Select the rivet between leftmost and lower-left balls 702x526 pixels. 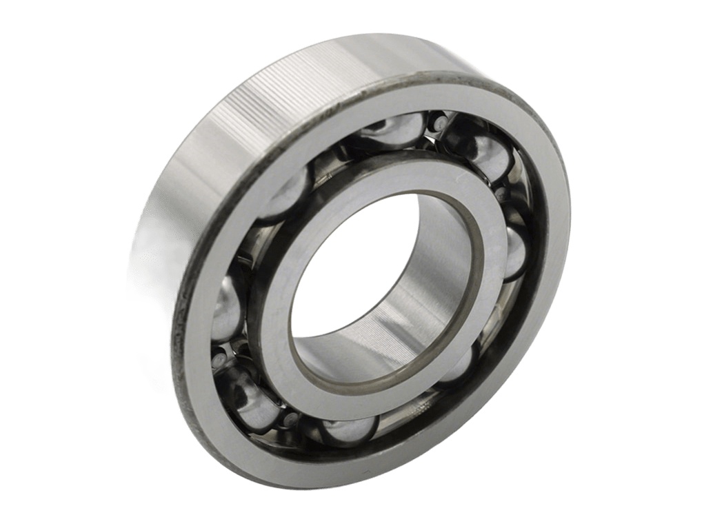coord(219,359)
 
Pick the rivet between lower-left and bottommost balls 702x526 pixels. coord(291,419)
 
